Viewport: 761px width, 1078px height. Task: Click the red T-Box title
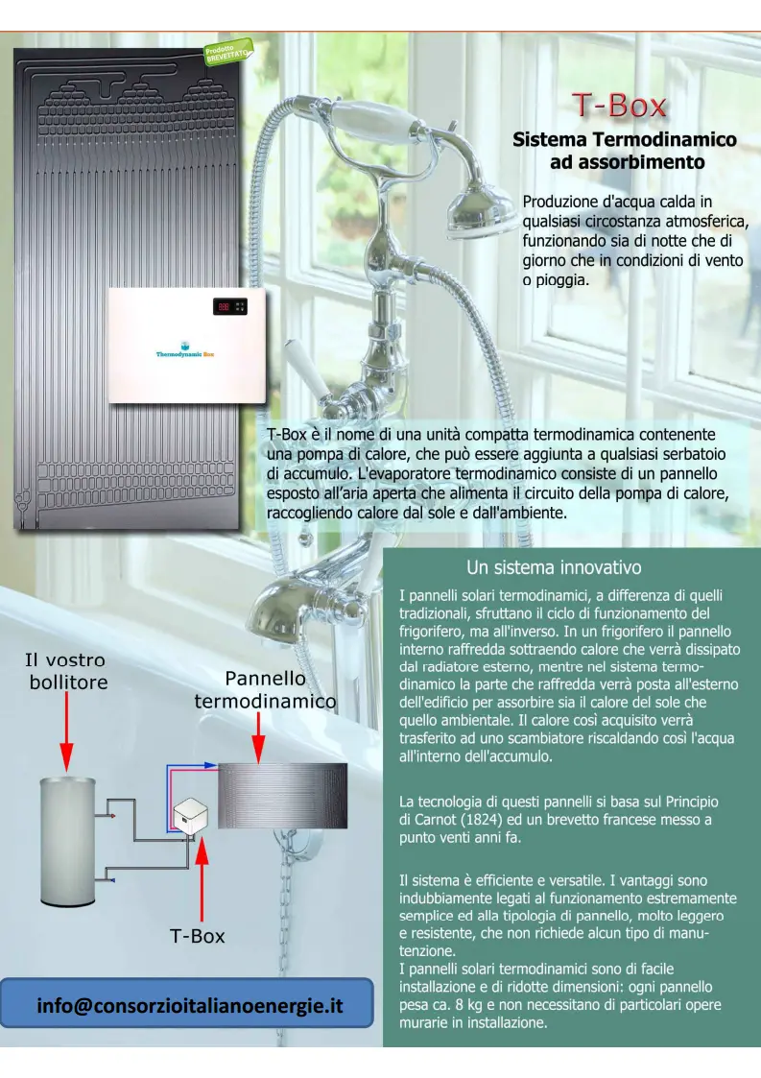619,106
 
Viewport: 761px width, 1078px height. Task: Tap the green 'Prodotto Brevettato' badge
228,52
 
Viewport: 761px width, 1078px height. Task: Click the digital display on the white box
229,306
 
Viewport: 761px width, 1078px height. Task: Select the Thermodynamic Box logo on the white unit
185,350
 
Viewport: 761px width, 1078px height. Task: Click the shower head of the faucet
482,209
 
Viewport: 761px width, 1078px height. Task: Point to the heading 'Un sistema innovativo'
554,567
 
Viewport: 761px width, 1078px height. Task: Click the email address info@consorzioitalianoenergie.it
190,1005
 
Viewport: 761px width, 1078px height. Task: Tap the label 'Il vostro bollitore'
67,671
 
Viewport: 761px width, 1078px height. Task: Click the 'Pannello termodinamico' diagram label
265,689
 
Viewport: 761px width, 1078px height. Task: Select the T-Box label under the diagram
198,936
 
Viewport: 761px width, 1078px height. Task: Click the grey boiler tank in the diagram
67,842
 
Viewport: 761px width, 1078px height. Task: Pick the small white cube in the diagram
190,816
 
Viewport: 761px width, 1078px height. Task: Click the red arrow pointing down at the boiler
66,731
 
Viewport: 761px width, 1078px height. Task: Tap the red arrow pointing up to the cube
202,879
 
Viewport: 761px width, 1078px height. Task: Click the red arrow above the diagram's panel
258,737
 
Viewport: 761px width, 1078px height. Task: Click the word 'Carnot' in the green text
435,820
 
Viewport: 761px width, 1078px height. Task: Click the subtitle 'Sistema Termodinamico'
624,139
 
